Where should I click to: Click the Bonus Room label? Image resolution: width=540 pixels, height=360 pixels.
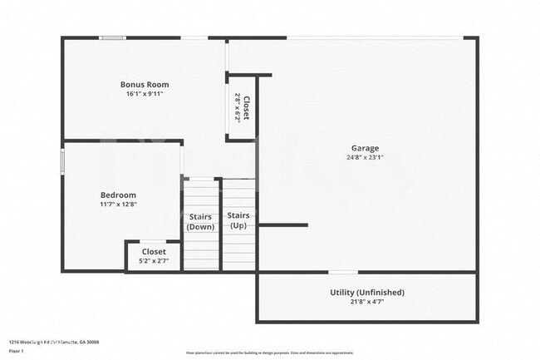145,84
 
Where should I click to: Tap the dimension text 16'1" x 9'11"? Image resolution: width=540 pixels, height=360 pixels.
145,94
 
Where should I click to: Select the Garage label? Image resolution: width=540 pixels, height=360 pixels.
365,148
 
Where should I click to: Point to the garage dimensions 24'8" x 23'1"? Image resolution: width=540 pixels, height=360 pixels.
365,157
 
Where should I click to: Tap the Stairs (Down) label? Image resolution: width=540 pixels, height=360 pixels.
200,222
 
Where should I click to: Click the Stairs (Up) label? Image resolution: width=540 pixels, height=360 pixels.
238,220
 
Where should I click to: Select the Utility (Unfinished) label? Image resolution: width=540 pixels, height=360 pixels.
366,292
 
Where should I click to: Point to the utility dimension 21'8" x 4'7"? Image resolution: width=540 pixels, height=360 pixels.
366,302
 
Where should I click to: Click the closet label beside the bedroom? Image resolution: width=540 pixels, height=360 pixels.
154,251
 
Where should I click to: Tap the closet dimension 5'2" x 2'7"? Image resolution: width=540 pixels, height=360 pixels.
154,261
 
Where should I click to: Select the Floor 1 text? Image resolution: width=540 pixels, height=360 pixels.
16,351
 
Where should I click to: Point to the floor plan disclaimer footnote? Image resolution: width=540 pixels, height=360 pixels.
270,353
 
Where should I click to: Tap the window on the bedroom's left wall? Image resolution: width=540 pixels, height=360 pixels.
63,161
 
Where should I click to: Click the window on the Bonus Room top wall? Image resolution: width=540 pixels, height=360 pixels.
112,37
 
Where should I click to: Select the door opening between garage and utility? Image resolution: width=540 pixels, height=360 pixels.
343,272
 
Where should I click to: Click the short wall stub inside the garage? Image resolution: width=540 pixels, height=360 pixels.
282,224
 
